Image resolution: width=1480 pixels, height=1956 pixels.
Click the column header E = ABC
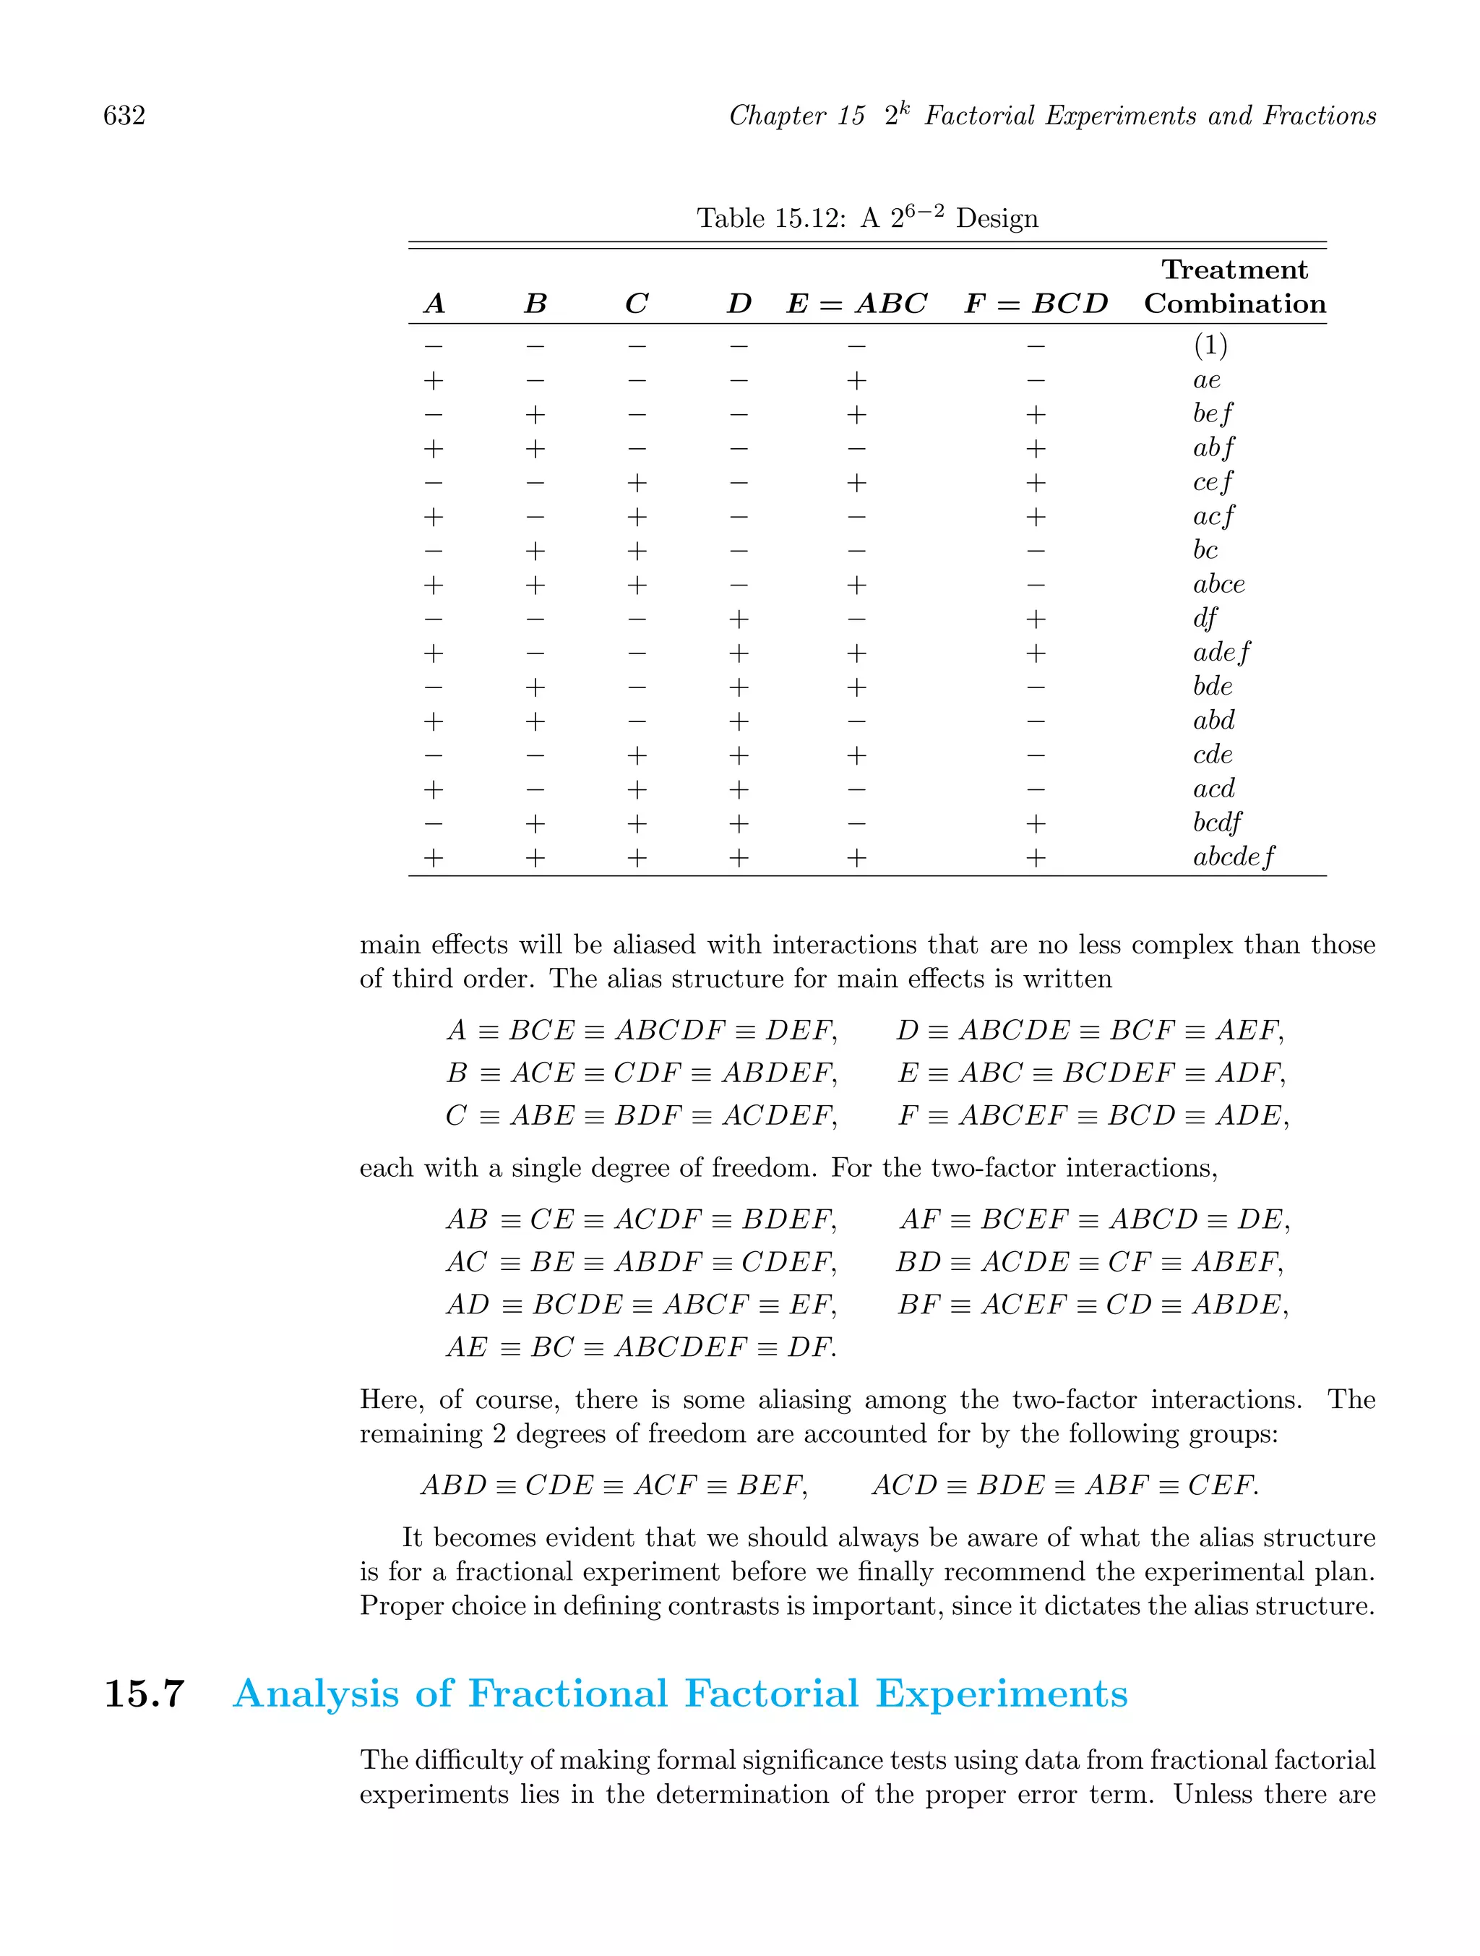856,304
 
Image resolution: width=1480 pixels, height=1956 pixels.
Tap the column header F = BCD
1036,304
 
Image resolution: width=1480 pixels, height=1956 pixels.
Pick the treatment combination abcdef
1234,857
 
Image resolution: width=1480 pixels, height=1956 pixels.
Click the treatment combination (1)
1210,346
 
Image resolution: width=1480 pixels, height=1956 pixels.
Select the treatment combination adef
1221,653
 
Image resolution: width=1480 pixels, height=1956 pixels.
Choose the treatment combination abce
1218,585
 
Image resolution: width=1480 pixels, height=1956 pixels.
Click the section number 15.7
144,1694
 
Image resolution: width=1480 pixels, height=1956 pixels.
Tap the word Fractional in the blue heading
567,1694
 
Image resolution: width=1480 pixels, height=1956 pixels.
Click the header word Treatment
1234,270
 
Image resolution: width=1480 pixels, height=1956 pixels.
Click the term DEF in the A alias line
799,1030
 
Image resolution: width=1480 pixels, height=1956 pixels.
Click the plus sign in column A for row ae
433,381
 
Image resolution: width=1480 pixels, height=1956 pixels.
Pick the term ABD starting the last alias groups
454,1485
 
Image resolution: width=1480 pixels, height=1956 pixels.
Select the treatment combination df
1205,618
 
